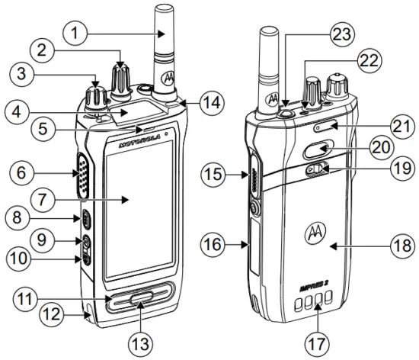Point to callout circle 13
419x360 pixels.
(136, 339)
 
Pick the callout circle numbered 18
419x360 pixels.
(399, 245)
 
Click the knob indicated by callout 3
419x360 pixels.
(98, 97)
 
